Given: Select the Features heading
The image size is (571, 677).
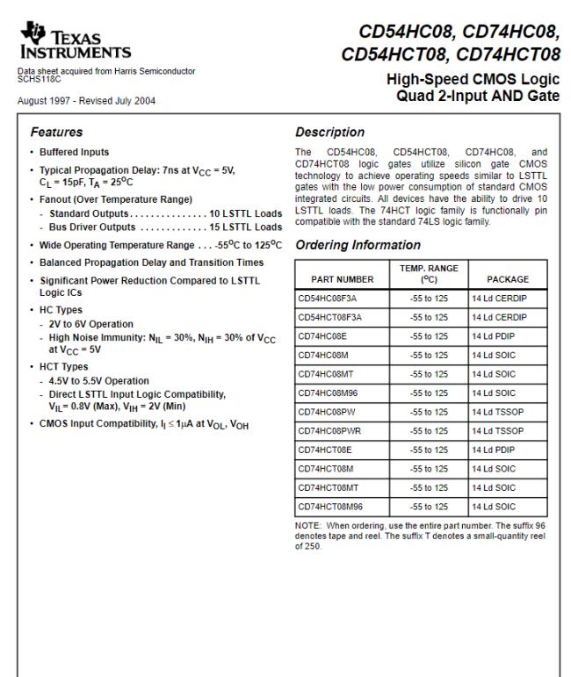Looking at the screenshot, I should click(57, 133).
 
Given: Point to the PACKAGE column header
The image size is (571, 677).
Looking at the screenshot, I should click(508, 279).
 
